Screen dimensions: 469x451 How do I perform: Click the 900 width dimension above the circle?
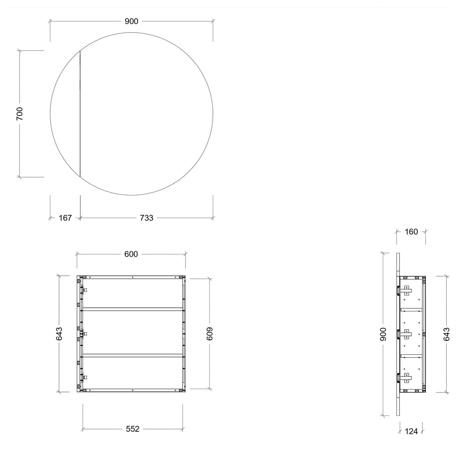[131, 22]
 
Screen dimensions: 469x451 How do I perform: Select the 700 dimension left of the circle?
[20, 114]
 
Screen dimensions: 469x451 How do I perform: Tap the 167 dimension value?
[65, 218]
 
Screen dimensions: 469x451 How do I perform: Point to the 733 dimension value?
[146, 218]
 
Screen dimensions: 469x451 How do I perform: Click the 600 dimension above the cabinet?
[131, 254]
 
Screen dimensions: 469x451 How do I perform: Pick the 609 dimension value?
[210, 334]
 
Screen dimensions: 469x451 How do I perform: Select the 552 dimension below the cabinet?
[133, 429]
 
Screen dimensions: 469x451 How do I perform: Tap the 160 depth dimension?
[411, 232]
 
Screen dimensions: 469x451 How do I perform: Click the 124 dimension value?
[411, 431]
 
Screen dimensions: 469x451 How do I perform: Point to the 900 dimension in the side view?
[383, 334]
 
